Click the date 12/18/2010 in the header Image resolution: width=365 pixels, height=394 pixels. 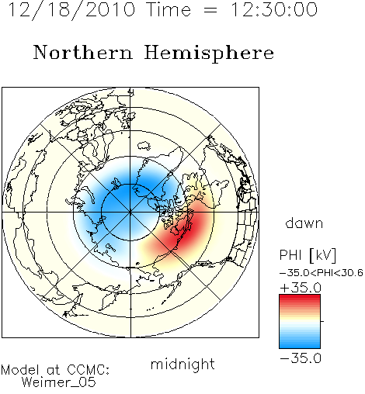pyautogui.click(x=72, y=10)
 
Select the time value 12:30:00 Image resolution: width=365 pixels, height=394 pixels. pyautogui.click(x=274, y=9)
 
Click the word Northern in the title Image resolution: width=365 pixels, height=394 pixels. pyautogui.click(x=83, y=52)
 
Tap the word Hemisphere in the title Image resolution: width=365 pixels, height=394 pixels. pyautogui.click(x=209, y=54)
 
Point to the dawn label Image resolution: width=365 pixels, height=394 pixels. pyautogui.click(x=304, y=223)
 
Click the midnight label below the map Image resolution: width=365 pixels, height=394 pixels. pyautogui.click(x=182, y=364)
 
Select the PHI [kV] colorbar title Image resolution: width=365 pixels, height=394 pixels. pyautogui.click(x=308, y=255)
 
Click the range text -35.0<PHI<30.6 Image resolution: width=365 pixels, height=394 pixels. pyautogui.click(x=322, y=273)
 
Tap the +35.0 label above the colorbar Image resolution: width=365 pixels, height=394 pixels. pyautogui.click(x=301, y=288)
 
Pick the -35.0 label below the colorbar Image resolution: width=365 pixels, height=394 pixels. pyautogui.click(x=301, y=358)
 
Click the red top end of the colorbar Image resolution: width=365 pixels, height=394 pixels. pyautogui.click(x=300, y=296)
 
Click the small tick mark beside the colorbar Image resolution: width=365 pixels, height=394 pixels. pyautogui.click(x=322, y=321)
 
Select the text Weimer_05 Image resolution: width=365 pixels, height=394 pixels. pyautogui.click(x=59, y=382)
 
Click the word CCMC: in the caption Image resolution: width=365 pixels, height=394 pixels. pyautogui.click(x=89, y=370)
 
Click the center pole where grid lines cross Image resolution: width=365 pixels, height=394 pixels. pyautogui.click(x=130, y=213)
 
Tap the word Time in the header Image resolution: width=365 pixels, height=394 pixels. pyautogui.click(x=169, y=9)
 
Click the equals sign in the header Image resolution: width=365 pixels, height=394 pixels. pyautogui.click(x=210, y=10)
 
